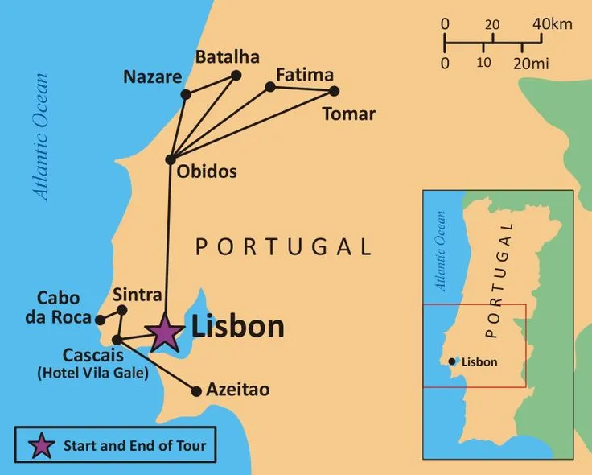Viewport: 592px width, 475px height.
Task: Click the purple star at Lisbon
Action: [x=164, y=332]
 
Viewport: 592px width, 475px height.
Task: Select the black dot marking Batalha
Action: [x=236, y=76]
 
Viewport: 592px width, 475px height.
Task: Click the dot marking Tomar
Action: [x=335, y=91]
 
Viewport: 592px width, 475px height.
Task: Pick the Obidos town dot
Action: [x=170, y=159]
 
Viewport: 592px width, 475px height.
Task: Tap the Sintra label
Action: [x=138, y=294]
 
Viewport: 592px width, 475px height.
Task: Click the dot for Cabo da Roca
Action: [x=100, y=320]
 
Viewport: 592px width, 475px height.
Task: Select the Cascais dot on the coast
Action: [x=117, y=339]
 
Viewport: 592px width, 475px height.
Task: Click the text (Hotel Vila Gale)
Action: [x=92, y=374]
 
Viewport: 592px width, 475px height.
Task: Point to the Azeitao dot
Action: [x=195, y=391]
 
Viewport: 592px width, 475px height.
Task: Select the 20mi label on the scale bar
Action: [x=536, y=62]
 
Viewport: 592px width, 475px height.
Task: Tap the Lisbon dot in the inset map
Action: [x=454, y=361]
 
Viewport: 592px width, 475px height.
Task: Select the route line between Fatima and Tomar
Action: [x=302, y=88]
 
